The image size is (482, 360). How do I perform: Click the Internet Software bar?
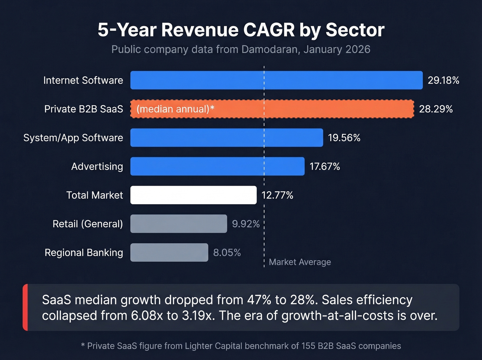coord(276,80)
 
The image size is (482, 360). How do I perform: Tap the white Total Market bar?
coord(193,195)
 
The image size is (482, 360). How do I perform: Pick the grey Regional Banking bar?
coord(169,253)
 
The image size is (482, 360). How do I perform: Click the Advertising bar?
coord(217,166)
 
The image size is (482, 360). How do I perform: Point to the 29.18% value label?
coord(443,80)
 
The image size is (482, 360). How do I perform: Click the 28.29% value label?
coord(436,109)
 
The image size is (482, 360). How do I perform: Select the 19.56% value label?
coord(344,138)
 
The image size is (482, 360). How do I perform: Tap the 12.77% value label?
coord(277,195)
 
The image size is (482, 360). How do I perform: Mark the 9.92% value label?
coord(245,224)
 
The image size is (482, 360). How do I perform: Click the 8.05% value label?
coord(227,253)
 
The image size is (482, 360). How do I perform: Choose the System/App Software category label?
coord(73,138)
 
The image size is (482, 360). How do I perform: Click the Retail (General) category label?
coord(87,224)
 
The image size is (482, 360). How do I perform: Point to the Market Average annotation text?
coord(300,262)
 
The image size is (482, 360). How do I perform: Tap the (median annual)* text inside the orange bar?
coord(175,109)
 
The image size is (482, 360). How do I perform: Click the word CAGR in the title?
coord(269,30)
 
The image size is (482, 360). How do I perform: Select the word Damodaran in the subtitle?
coord(270,49)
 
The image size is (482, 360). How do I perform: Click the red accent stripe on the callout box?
coord(25,307)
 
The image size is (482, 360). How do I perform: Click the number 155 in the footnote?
coord(308,346)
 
